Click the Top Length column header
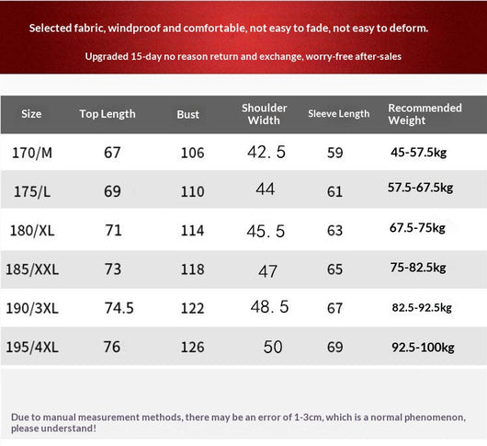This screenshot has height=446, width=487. click(x=108, y=114)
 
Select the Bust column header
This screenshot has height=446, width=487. click(x=187, y=114)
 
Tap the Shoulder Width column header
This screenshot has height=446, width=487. click(x=264, y=114)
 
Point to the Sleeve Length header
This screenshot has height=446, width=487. click(x=338, y=114)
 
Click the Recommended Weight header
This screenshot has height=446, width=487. click(x=425, y=114)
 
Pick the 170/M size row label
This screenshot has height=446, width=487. click(x=32, y=153)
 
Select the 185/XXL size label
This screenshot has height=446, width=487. click(x=32, y=269)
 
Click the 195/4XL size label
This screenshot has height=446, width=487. click(x=32, y=348)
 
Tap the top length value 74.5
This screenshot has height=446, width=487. click(x=119, y=308)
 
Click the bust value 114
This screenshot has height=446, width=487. click(x=193, y=231)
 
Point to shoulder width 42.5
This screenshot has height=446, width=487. click(x=266, y=153)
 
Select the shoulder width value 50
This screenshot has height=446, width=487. click(x=273, y=347)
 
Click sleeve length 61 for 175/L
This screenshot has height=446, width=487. click(x=334, y=191)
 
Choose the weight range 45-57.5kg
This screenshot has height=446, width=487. click(x=419, y=153)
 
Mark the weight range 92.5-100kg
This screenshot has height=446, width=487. click(x=423, y=348)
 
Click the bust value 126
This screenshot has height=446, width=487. click(x=193, y=348)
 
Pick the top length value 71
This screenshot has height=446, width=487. click(x=113, y=230)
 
